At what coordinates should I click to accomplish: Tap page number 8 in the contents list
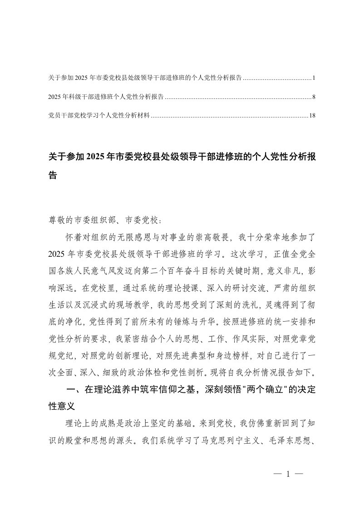(x=313, y=97)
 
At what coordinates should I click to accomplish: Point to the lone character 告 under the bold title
(x=53, y=176)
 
